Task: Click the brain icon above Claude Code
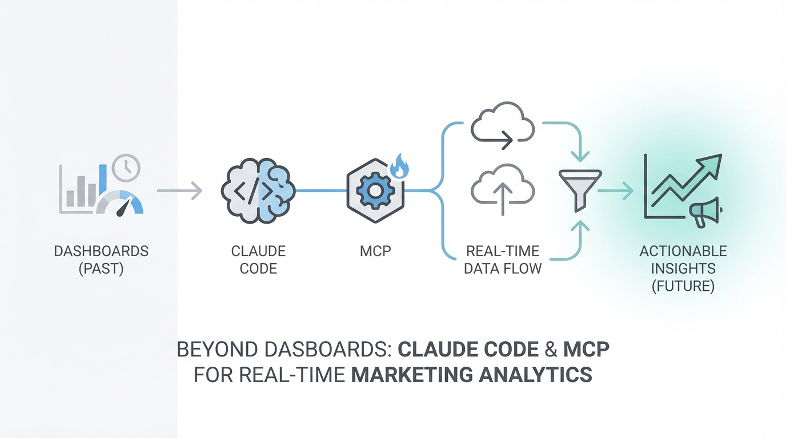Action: click(x=258, y=190)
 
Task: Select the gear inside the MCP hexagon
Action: click(x=375, y=190)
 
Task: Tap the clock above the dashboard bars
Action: click(x=126, y=167)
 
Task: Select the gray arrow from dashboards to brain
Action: click(x=179, y=190)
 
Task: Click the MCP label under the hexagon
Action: click(x=375, y=251)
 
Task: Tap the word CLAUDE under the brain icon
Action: click(x=258, y=251)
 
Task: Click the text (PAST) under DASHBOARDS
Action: click(x=101, y=268)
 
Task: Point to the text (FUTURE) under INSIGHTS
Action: click(x=683, y=285)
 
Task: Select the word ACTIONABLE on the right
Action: click(x=683, y=251)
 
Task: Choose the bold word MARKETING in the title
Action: click(x=411, y=375)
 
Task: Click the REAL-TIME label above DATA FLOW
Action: click(x=503, y=251)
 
